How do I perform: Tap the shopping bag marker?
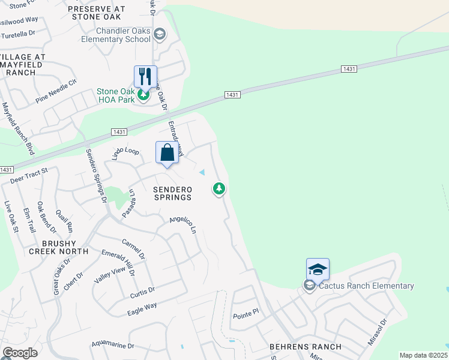click(x=167, y=152)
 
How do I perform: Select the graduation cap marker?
click(x=318, y=269)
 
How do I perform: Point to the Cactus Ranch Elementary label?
click(x=366, y=286)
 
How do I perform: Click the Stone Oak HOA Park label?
click(x=116, y=95)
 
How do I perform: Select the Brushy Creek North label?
click(x=57, y=247)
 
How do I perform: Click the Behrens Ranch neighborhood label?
click(x=305, y=347)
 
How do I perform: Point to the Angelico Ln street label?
click(x=183, y=225)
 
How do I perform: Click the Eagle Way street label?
click(x=142, y=309)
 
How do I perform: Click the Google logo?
click(x=20, y=353)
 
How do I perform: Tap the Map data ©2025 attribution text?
click(x=423, y=355)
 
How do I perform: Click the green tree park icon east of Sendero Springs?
click(x=219, y=189)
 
